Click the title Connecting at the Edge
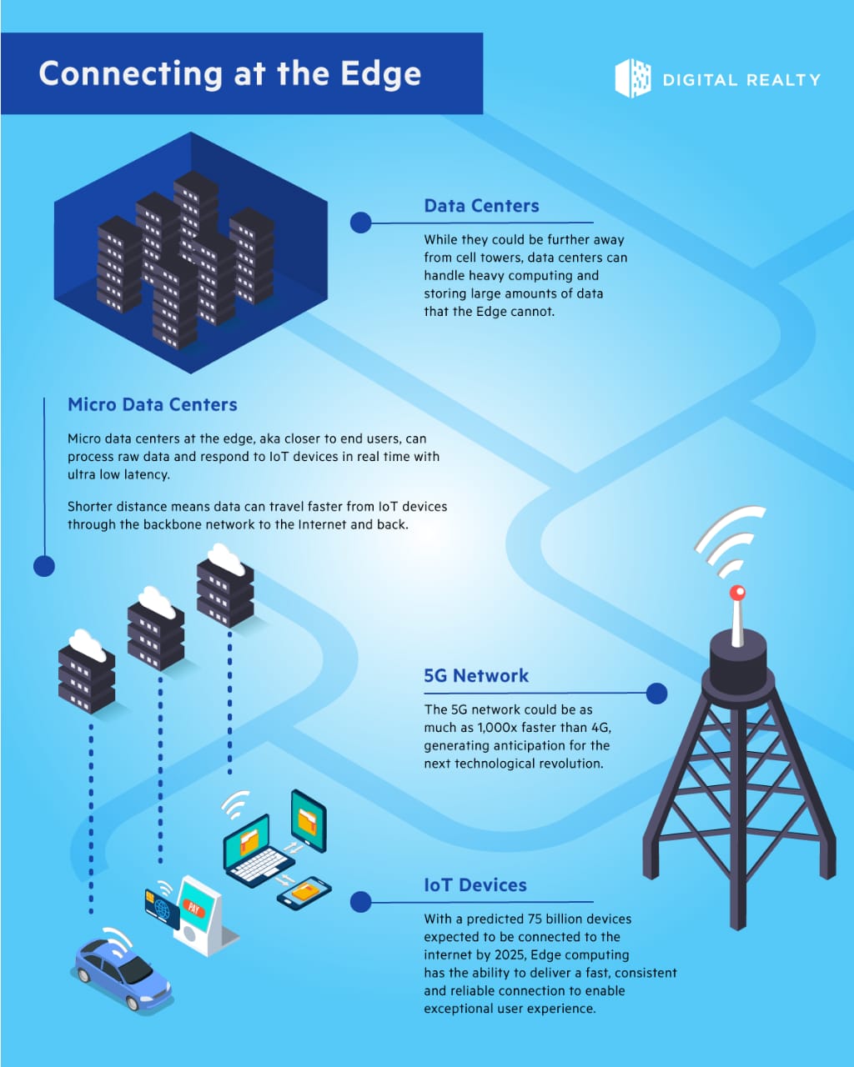click(229, 74)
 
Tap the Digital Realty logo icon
click(633, 78)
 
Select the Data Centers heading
click(481, 206)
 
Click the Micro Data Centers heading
click(153, 404)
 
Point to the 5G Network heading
click(476, 675)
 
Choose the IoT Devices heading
click(475, 885)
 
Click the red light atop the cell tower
click(737, 592)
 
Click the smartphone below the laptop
click(304, 894)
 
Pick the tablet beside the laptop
click(308, 820)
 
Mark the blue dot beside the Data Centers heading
click(361, 223)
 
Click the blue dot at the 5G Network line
click(656, 694)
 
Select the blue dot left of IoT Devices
click(361, 902)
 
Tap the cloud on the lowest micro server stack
click(88, 646)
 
